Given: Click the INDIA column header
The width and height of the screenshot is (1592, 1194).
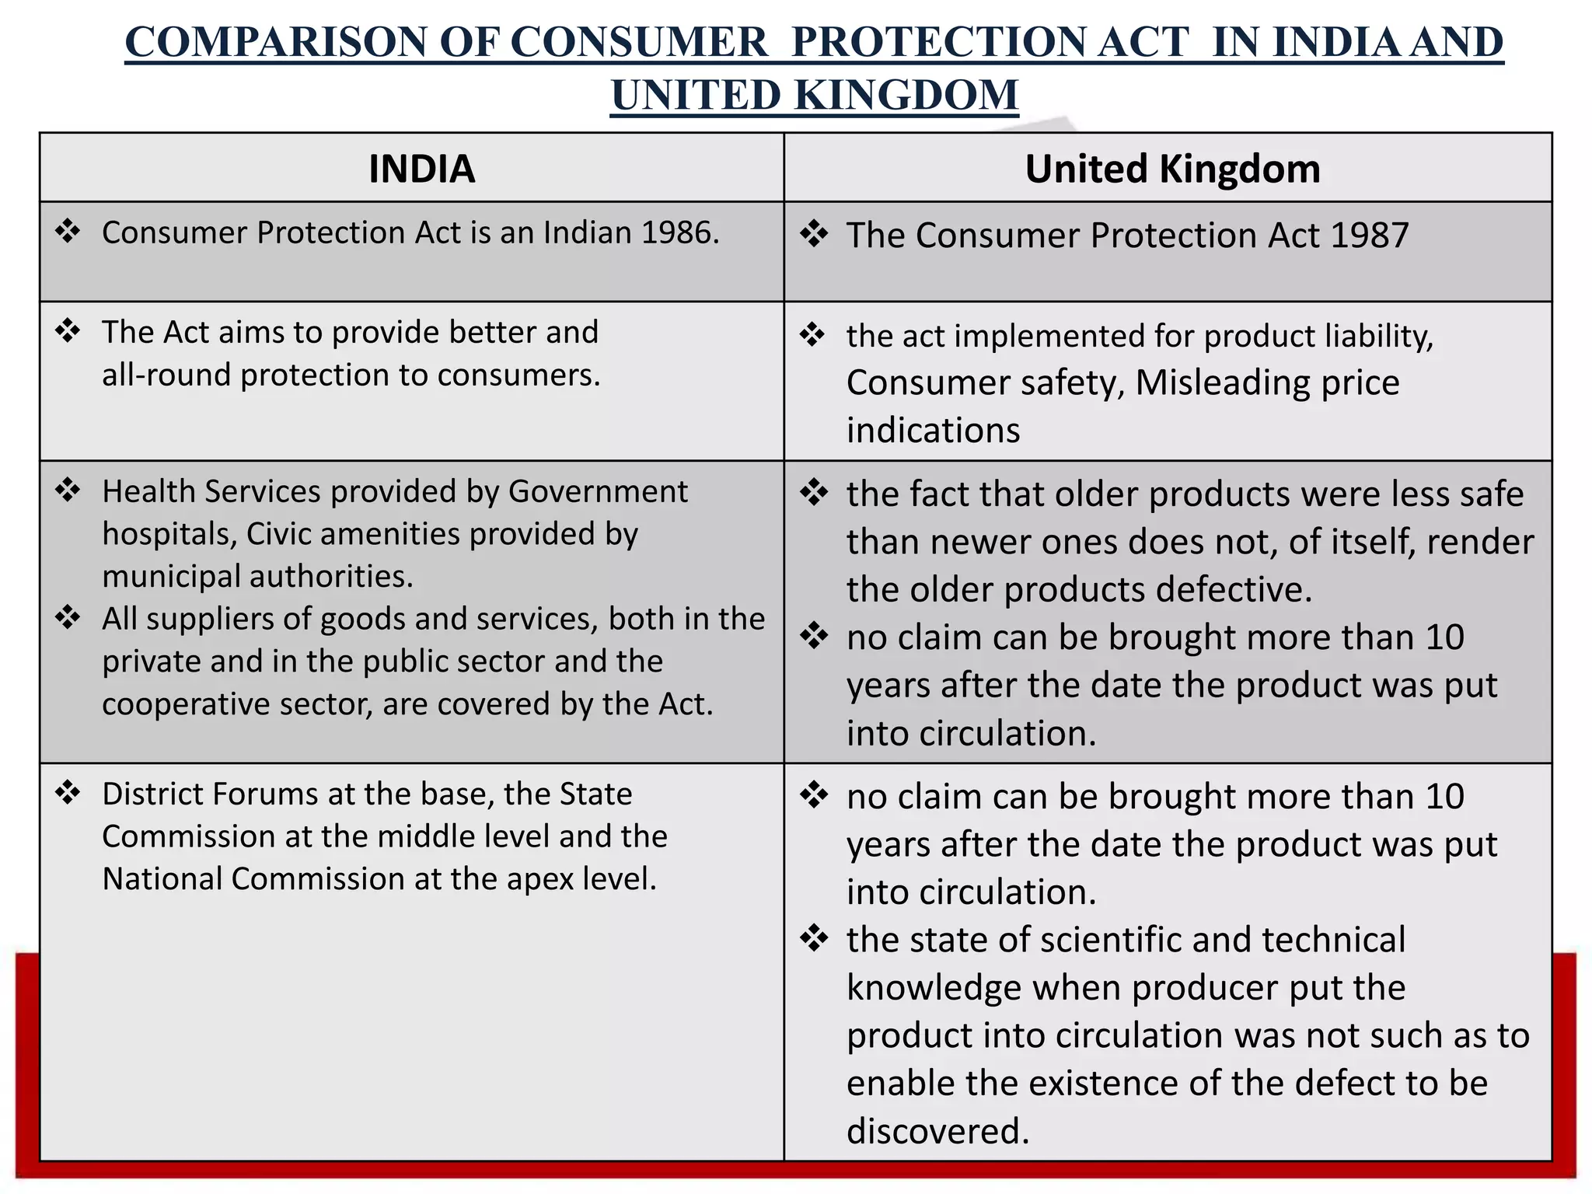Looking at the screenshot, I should (421, 169).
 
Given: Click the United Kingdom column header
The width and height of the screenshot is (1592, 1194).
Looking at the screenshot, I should (1172, 169).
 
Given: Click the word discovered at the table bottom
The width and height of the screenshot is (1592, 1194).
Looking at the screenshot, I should (937, 1131).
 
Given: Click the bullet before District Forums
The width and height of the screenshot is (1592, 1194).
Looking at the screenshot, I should (68, 794).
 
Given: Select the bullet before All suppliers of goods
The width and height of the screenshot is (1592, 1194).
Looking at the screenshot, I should (68, 618).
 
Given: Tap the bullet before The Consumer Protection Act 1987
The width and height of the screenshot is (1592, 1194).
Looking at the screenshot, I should (814, 234).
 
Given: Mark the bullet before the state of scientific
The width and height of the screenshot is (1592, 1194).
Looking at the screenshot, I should (814, 938).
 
